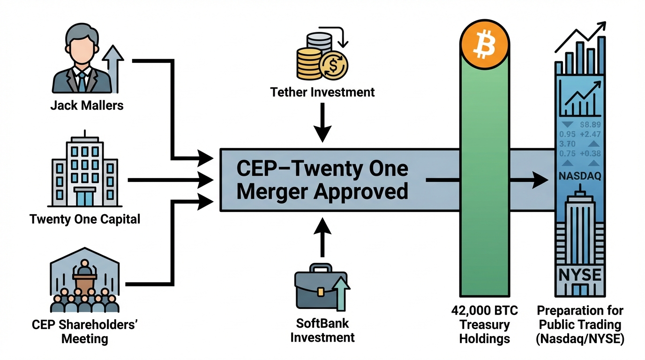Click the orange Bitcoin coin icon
point(484,45)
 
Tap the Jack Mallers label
point(87,105)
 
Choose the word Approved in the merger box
point(361,191)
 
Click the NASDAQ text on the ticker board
point(580,176)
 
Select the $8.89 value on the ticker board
point(590,125)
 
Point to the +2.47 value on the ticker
point(590,135)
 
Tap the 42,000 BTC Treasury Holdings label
point(484,324)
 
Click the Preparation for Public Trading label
point(580,324)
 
